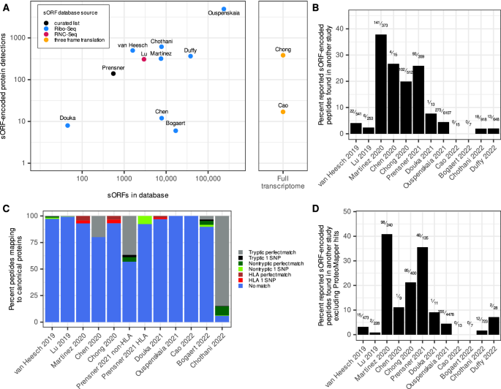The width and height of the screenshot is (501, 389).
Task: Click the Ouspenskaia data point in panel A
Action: point(224,10)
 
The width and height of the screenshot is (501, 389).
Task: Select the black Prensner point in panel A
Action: point(113,73)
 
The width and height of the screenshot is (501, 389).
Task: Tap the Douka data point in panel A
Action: point(67,125)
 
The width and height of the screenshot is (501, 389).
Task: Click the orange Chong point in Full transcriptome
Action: point(283,56)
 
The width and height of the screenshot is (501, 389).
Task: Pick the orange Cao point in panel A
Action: point(283,112)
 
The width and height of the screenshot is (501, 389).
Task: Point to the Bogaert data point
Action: point(176,130)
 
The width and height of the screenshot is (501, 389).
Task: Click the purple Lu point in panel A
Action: point(144,59)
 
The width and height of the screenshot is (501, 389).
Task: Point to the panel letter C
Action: point(5,208)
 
